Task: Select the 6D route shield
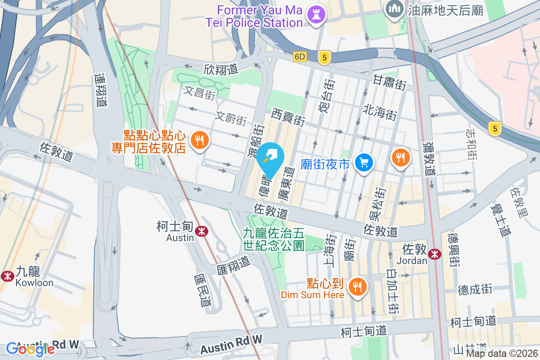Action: [300, 57]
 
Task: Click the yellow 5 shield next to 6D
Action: [324, 57]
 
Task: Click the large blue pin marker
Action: [272, 159]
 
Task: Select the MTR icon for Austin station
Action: [201, 231]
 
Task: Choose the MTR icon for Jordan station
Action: [435, 254]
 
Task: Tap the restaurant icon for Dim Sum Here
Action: [358, 286]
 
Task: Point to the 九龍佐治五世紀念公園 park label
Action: [274, 239]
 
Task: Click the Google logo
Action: [31, 349]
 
